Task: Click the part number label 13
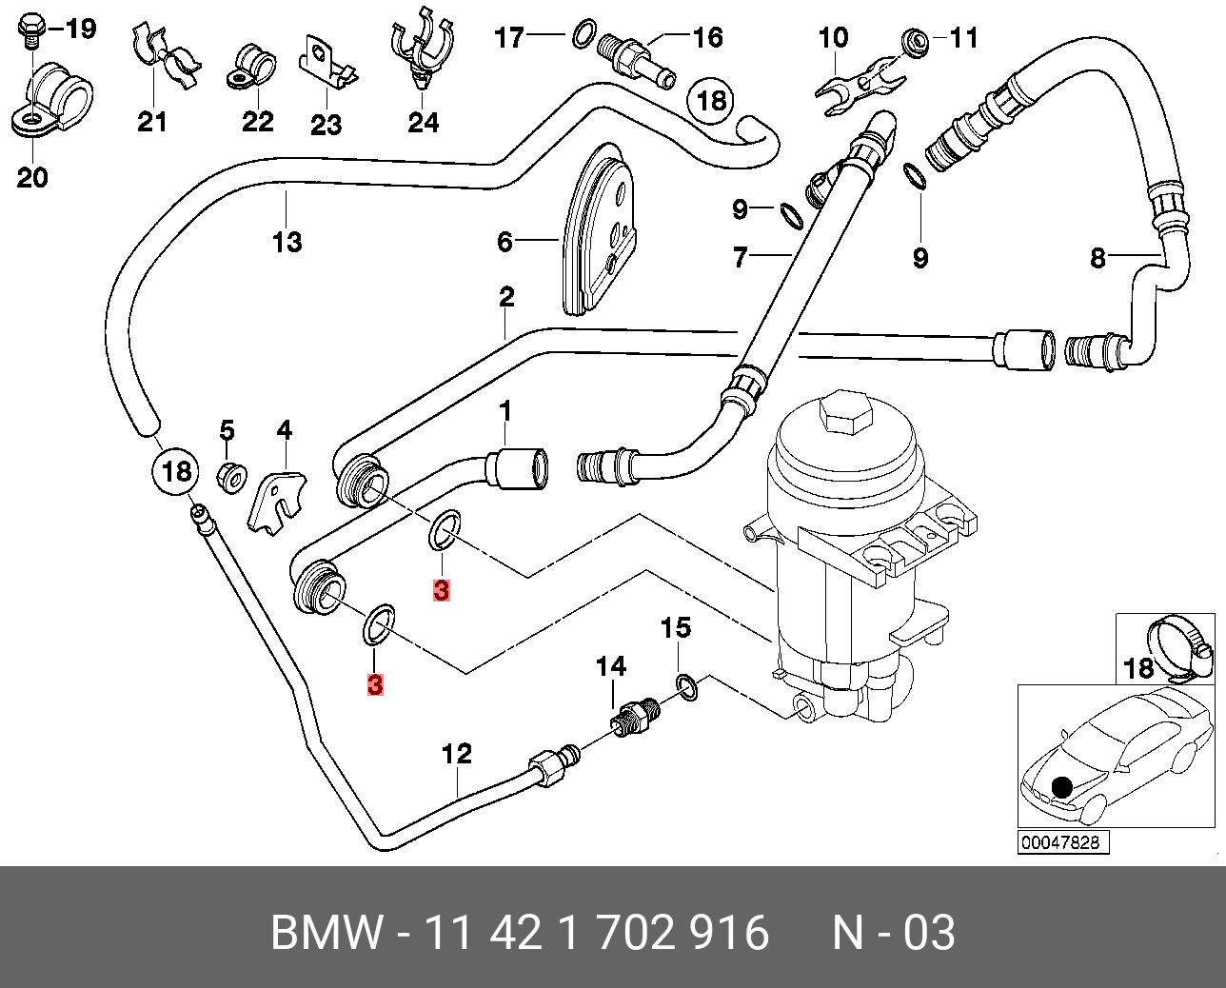click(x=287, y=242)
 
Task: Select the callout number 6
click(x=504, y=242)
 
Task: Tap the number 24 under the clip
click(x=424, y=123)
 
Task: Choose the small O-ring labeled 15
click(x=687, y=687)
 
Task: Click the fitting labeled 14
click(x=635, y=721)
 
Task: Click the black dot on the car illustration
click(x=1060, y=787)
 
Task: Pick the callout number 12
click(x=457, y=754)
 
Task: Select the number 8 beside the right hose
click(x=1097, y=258)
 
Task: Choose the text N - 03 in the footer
click(x=894, y=932)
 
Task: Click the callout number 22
click(x=258, y=122)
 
